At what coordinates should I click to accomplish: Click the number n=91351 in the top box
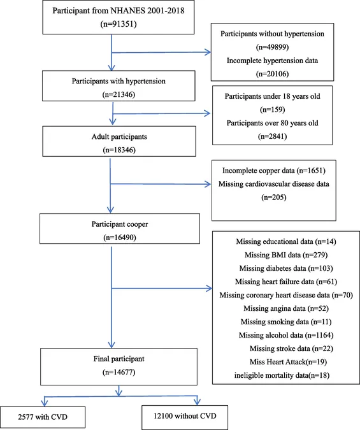click(x=119, y=24)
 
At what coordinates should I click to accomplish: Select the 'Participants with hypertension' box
click(x=119, y=86)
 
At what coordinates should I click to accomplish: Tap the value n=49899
click(x=272, y=47)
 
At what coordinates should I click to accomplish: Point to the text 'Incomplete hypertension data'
click(x=272, y=61)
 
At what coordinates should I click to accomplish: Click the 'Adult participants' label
click(x=119, y=136)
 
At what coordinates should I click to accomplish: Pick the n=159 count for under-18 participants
click(x=272, y=110)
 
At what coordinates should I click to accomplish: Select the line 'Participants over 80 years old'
click(x=272, y=123)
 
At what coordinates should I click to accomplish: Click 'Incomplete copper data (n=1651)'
click(x=273, y=171)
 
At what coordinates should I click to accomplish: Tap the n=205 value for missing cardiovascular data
click(x=273, y=197)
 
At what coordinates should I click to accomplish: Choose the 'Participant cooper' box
click(x=120, y=229)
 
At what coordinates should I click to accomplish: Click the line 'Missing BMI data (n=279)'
click(x=286, y=255)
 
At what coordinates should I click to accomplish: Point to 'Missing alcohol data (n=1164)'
click(x=286, y=335)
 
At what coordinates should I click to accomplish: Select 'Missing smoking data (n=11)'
click(x=286, y=322)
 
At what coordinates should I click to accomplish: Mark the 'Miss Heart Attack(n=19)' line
click(x=288, y=362)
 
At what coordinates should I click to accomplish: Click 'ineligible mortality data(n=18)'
click(x=282, y=375)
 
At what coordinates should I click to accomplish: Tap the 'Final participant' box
click(x=119, y=367)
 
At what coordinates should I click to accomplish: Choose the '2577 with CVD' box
click(x=43, y=417)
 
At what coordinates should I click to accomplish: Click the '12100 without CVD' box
click(x=185, y=417)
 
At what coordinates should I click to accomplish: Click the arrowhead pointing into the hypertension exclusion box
click(x=208, y=52)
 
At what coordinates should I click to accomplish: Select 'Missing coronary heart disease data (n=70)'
click(x=286, y=295)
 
